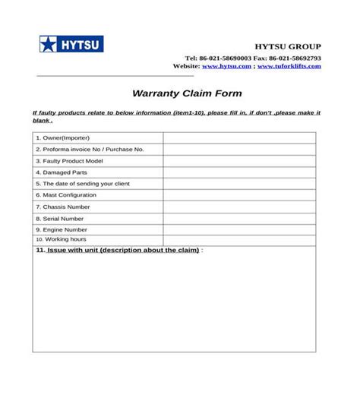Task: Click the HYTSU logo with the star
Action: tap(71, 44)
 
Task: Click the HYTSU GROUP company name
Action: tap(287, 47)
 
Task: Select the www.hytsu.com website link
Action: tap(226, 67)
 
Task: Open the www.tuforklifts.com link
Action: tap(289, 67)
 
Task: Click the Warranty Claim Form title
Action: tap(187, 94)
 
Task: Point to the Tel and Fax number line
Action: tap(253, 58)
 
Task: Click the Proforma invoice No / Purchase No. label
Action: tap(90, 150)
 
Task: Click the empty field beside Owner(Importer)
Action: tap(238, 138)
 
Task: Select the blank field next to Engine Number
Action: tap(238, 229)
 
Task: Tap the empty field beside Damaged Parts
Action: tap(238, 172)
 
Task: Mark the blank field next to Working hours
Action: tap(238, 240)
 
